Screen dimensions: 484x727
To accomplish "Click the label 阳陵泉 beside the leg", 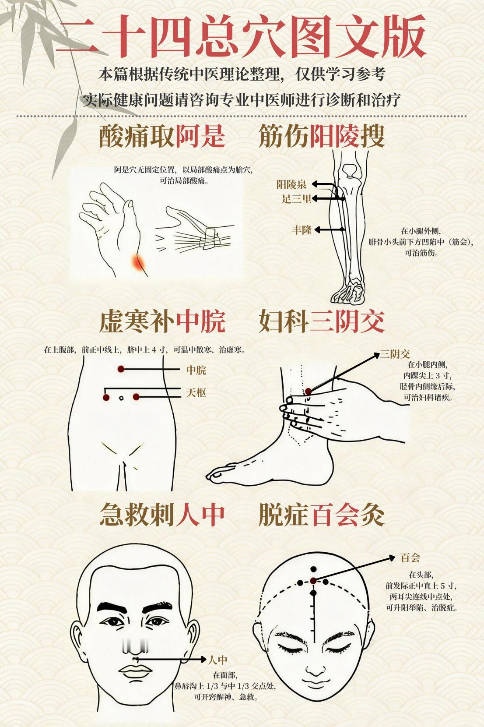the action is click(291, 185).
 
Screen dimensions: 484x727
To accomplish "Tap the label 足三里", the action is click(296, 199).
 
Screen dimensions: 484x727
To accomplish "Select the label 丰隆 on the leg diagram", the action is click(302, 230).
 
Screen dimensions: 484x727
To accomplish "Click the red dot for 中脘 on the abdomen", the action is click(121, 369).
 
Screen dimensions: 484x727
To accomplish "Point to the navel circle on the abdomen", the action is click(121, 398).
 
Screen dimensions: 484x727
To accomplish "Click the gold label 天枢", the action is click(196, 393).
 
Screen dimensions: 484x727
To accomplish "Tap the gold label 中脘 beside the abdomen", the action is click(196, 370).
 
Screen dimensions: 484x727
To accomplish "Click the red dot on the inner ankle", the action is click(308, 392).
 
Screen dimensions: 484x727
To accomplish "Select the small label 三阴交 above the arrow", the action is click(395, 354).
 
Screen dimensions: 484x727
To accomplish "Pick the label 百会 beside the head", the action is click(410, 558).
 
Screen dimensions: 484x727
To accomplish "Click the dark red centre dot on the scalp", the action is click(313, 581).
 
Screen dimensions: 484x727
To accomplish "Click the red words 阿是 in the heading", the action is click(200, 136).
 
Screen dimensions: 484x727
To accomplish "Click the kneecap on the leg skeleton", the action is click(349, 170).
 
